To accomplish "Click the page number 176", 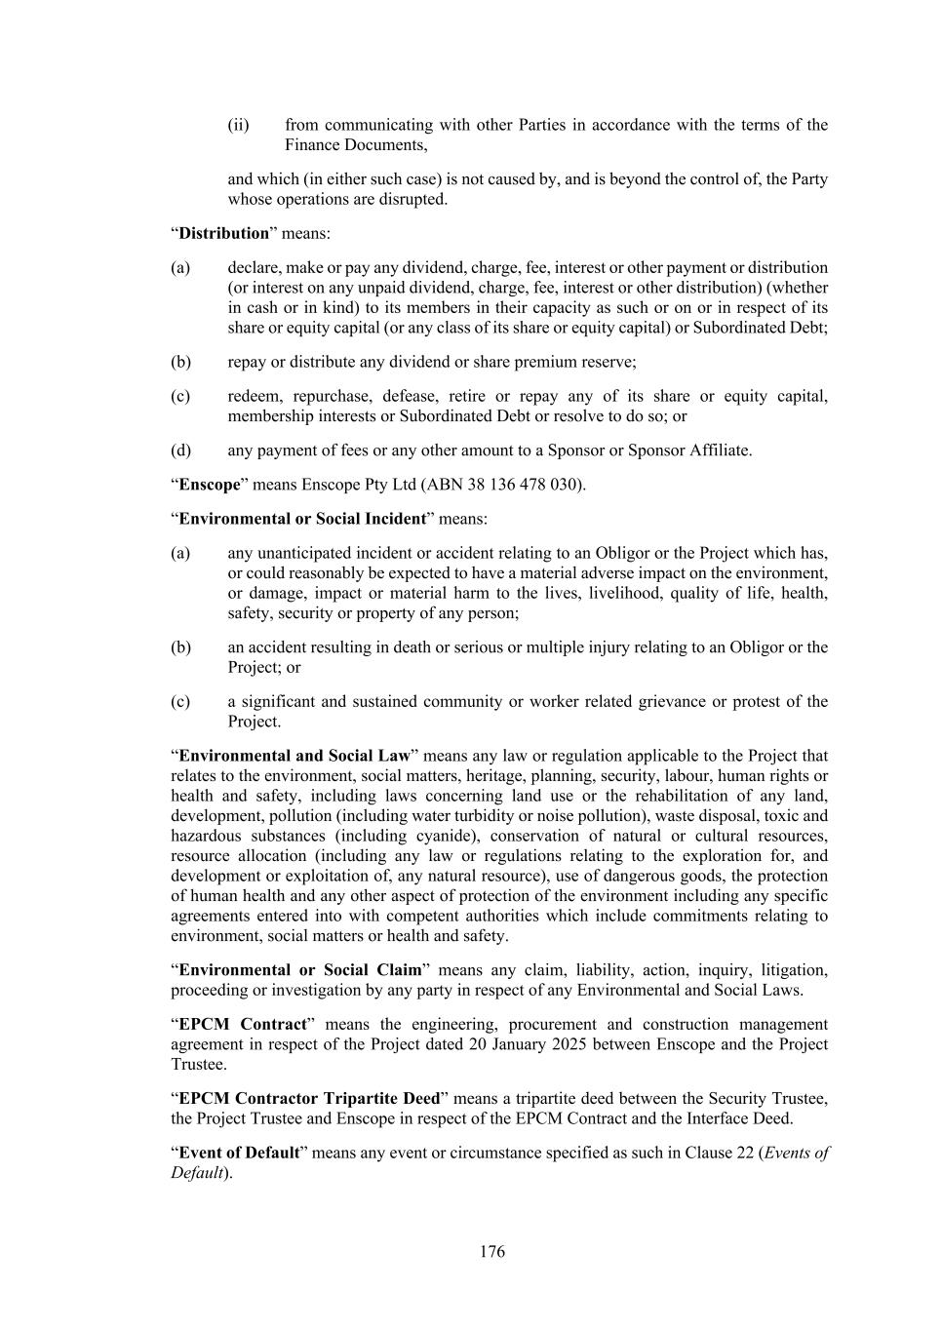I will tap(491, 1251).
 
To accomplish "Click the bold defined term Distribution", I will tap(223, 233).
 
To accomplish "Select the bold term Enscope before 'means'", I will tap(210, 485).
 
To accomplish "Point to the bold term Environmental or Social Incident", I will tap(302, 519).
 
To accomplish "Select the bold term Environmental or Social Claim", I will tap(300, 970).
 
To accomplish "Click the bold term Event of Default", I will tap(239, 1153).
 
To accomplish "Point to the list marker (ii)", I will tap(239, 125).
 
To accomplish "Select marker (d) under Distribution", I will tap(180, 450).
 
